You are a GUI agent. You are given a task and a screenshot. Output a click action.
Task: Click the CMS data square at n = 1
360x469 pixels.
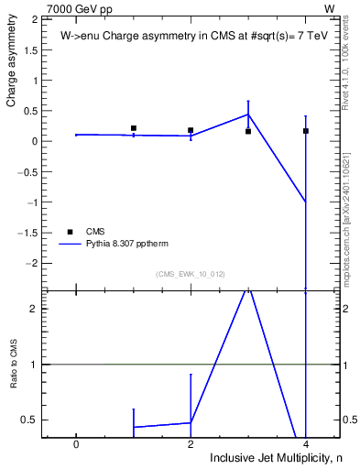134,128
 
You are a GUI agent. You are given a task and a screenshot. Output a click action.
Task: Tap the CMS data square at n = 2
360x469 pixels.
191,130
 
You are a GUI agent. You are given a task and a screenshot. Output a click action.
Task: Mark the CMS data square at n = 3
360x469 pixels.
248,131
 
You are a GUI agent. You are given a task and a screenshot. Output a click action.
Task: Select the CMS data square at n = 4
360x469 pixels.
306,131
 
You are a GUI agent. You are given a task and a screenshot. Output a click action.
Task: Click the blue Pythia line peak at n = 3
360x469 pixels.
248,115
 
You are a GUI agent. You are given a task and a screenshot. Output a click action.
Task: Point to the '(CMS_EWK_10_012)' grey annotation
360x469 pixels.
191,274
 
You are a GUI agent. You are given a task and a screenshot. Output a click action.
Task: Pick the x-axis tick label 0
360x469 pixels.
76,444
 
